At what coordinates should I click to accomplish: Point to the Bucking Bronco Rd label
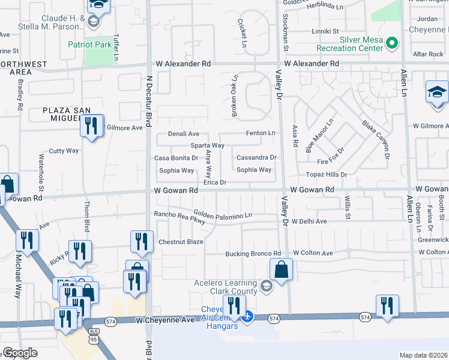click(253, 254)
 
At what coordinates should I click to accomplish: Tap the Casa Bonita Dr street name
click(176, 158)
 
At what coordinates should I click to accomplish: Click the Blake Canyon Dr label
click(376, 139)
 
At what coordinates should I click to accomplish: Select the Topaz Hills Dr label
click(327, 174)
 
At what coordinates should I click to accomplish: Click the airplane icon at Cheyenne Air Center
click(248, 316)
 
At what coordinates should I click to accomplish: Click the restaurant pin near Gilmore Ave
click(91, 125)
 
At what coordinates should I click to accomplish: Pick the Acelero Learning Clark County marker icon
click(267, 285)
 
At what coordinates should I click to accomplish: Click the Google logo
click(20, 353)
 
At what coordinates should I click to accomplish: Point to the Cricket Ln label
click(244, 34)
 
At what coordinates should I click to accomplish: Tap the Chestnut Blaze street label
click(181, 242)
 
